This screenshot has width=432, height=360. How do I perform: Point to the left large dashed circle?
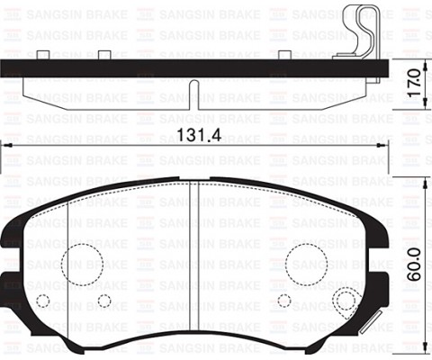[82, 262]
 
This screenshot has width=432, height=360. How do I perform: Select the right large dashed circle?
[309, 262]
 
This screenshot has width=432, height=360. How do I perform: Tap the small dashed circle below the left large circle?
[103, 301]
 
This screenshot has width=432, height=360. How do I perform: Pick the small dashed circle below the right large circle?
[284, 301]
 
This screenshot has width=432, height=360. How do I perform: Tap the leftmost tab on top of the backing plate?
[43, 56]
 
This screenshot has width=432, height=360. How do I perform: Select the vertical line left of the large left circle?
[68, 261]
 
